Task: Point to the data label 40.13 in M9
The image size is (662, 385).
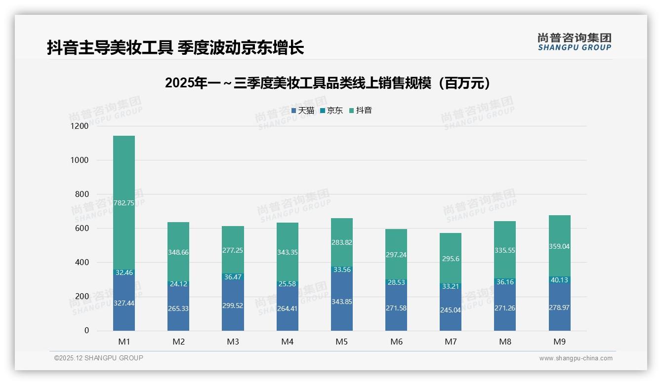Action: click(560, 280)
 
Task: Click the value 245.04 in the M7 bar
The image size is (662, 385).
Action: click(451, 310)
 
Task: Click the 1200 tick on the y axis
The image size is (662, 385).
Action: click(80, 126)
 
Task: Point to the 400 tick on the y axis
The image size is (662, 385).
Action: click(82, 263)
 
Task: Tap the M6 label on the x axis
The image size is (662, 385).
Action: click(396, 342)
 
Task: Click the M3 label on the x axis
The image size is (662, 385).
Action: click(233, 342)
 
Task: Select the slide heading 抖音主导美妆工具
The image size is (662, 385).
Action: click(175, 47)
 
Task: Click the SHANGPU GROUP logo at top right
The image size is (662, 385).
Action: click(574, 42)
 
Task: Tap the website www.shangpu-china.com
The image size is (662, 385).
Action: click(576, 358)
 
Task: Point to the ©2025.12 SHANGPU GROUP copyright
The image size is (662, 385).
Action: click(99, 358)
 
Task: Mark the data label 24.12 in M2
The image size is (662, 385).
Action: click(178, 284)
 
